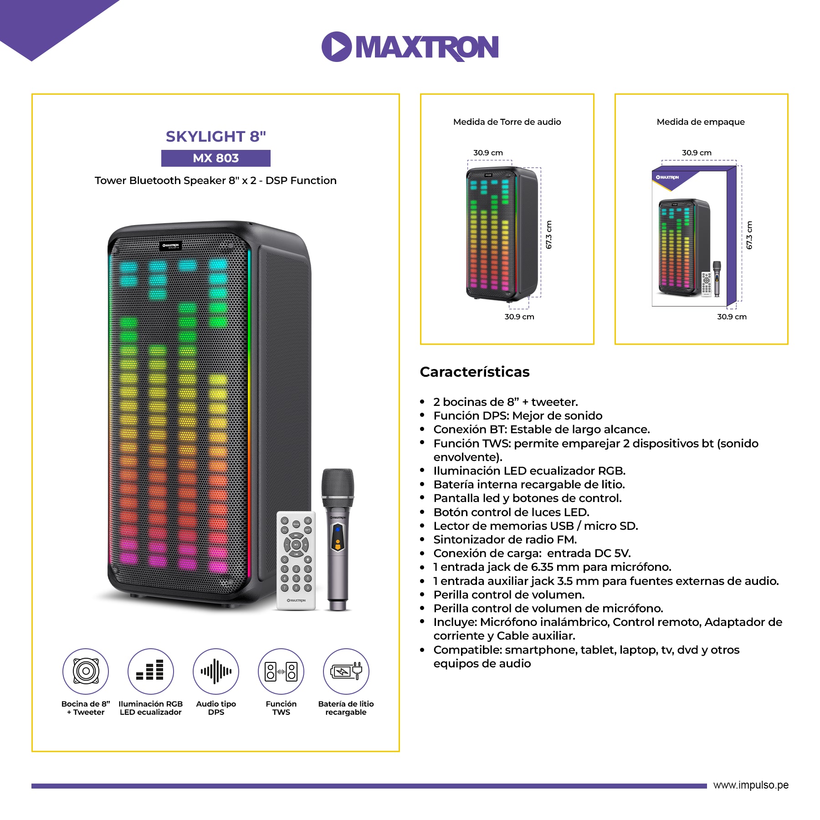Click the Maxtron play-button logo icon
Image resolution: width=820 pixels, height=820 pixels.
click(x=336, y=46)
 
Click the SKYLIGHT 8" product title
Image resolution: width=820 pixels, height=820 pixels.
click(x=215, y=136)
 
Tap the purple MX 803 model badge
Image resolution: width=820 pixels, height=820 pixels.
click(x=215, y=158)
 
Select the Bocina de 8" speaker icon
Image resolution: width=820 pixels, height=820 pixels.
click(x=86, y=671)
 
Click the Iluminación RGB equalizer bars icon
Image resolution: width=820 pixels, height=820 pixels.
click(x=150, y=671)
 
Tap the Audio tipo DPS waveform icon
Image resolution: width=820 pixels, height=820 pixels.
click(x=216, y=671)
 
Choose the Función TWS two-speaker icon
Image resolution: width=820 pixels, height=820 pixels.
click(x=281, y=671)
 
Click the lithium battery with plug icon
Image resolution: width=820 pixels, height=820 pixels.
click(x=346, y=671)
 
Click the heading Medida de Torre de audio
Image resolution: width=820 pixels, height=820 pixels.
click(x=507, y=122)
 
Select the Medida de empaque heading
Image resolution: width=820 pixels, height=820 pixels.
click(x=700, y=122)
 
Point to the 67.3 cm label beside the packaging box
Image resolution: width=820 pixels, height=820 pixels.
click(x=749, y=235)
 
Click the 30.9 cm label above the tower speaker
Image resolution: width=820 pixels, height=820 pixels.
click(x=487, y=153)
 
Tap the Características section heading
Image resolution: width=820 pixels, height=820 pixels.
click(x=474, y=372)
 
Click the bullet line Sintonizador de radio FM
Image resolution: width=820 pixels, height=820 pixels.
click(x=505, y=539)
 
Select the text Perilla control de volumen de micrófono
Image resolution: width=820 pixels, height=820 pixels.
click(x=548, y=608)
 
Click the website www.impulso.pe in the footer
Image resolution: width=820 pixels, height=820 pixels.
click(x=750, y=785)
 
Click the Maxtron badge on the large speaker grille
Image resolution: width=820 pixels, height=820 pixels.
click(x=171, y=246)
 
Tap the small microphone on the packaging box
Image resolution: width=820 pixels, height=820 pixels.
click(x=717, y=278)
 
